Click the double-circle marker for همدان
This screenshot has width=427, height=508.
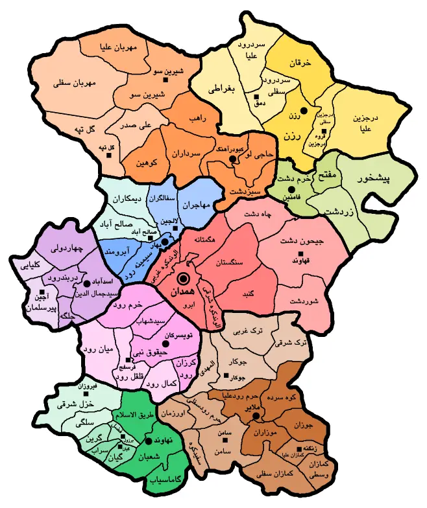pyautogui.click(x=183, y=279)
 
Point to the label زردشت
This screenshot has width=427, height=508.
pyautogui.click(x=338, y=211)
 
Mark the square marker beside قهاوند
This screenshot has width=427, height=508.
pyautogui.click(x=300, y=253)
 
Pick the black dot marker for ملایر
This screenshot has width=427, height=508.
pyautogui.click(x=256, y=415)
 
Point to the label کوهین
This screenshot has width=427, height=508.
pyautogui.click(x=147, y=163)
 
